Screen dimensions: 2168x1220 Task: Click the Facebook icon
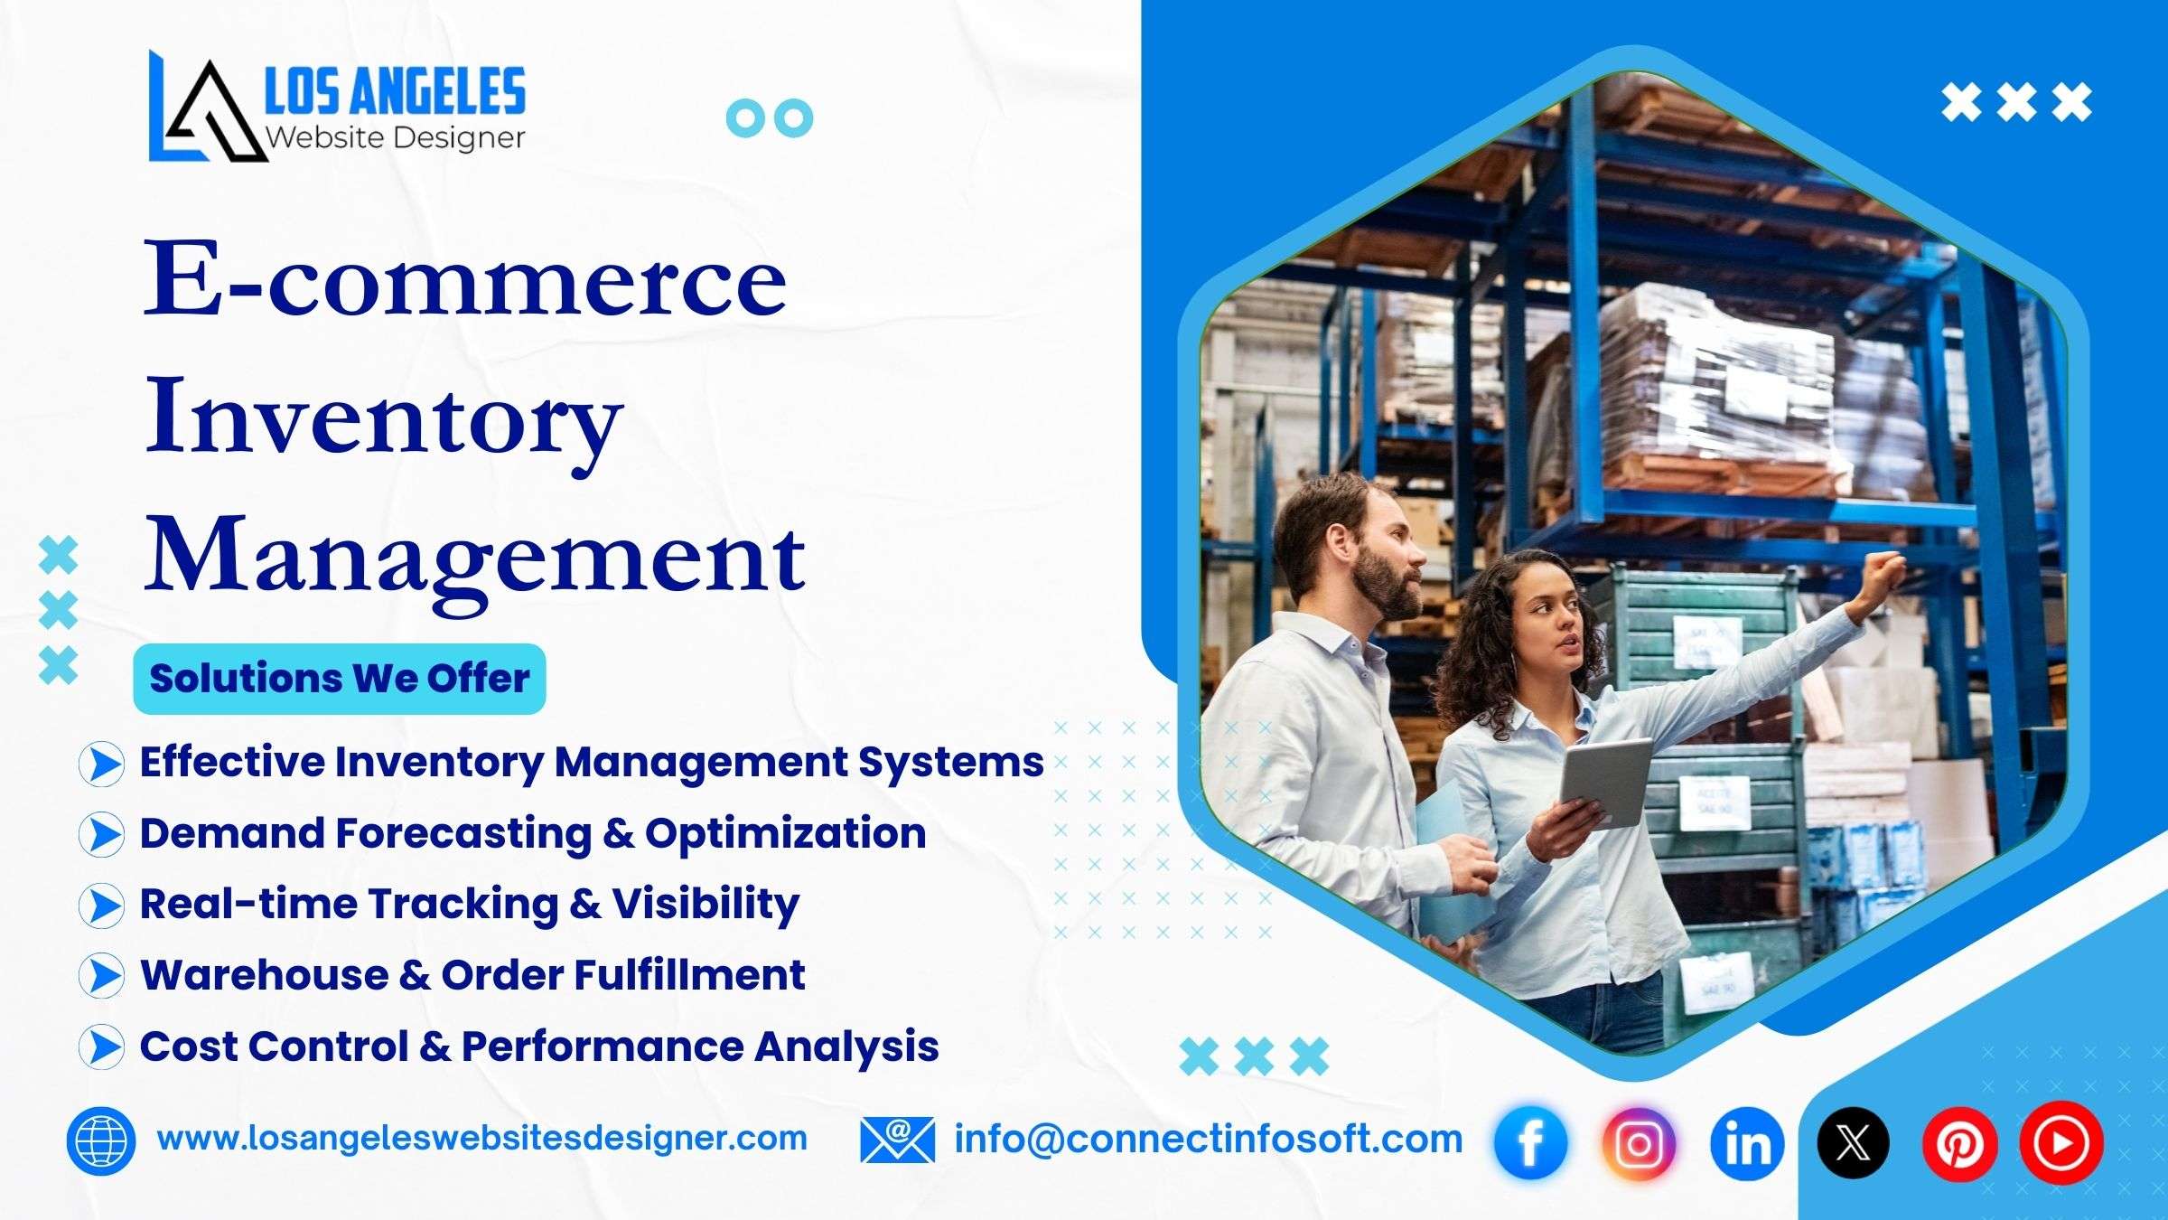pos(1530,1143)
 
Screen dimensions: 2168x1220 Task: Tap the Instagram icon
pos(1639,1143)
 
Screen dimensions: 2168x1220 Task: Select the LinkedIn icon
pos(1747,1143)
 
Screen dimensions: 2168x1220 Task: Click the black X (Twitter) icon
pos(1853,1143)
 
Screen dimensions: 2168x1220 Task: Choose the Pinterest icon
pos(1958,1143)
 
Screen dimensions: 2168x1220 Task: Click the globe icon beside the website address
pos(101,1140)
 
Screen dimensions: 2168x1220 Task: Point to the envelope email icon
pos(897,1140)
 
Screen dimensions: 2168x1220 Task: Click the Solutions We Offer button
pos(340,679)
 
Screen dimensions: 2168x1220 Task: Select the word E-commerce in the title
pos(465,280)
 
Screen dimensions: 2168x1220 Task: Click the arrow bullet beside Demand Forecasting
pos(102,834)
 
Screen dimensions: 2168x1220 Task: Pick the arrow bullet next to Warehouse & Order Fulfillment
pos(102,976)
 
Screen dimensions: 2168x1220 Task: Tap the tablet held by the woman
pos(1605,783)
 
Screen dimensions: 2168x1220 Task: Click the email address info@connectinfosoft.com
pos(1209,1140)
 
